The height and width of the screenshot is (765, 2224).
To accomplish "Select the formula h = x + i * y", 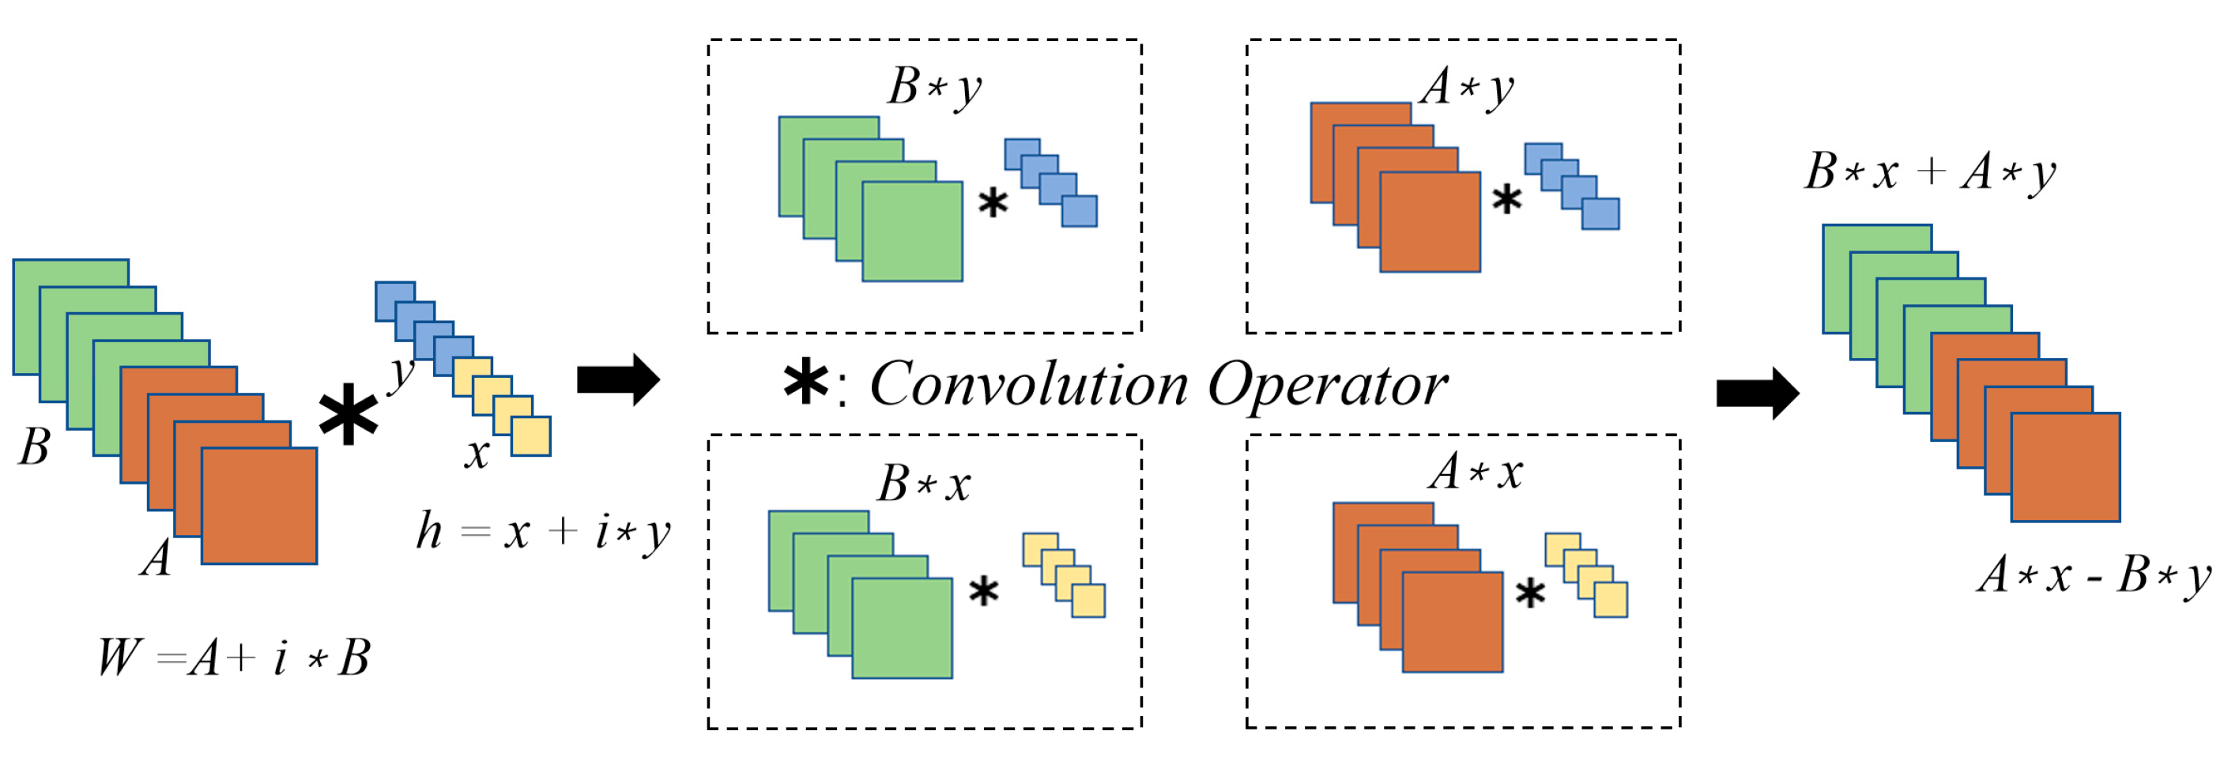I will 542,532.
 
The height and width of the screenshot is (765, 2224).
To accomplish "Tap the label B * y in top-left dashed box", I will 936,88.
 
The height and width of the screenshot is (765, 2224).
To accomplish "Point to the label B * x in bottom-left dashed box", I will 924,484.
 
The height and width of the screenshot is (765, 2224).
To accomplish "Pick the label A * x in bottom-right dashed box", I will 1475,473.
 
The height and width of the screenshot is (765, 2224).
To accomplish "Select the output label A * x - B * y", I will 2094,575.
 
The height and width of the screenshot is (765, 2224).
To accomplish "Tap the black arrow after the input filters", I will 618,379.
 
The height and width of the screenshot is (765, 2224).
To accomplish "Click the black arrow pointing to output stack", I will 1758,393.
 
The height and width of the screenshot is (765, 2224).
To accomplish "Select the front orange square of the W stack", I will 259,505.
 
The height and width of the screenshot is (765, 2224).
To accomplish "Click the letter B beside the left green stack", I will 35,447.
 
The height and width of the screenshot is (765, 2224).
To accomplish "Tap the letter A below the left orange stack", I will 156,559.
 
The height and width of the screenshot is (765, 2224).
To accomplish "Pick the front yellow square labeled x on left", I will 530,436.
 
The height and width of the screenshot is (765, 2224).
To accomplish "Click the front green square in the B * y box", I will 912,232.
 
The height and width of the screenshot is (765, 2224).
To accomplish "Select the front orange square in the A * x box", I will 1452,622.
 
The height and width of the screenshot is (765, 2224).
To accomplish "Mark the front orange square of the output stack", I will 2065,467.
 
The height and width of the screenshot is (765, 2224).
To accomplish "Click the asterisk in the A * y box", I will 1506,199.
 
